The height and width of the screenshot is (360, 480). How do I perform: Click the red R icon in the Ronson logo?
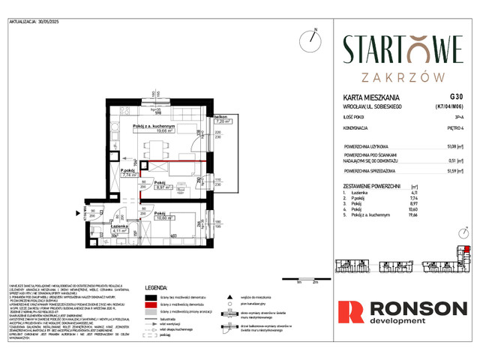[x=349, y=313]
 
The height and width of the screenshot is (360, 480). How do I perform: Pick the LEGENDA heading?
[x=160, y=286]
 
